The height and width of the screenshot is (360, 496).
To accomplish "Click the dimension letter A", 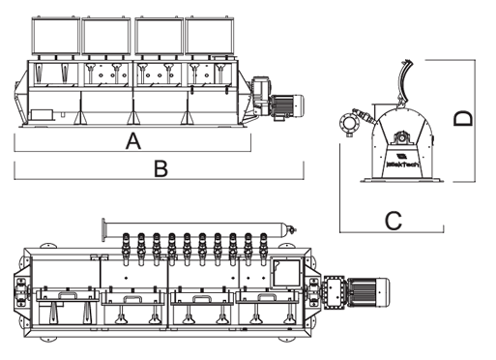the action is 133,140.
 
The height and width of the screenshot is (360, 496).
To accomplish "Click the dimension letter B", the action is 161,169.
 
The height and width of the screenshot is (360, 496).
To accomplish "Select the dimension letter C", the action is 394,221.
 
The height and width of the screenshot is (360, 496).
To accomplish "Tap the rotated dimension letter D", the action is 463,118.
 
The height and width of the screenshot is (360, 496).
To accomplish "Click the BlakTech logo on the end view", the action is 403,162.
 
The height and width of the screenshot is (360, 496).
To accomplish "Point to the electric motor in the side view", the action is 287,105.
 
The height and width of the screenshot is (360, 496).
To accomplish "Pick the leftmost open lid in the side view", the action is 56,36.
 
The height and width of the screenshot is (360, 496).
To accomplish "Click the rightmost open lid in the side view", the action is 209,36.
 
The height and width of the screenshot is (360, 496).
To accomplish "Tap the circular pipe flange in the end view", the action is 349,123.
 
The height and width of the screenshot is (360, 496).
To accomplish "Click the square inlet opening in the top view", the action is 287,272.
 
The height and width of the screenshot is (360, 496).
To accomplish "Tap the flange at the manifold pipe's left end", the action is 104,229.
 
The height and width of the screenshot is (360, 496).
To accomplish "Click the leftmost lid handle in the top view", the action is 68,295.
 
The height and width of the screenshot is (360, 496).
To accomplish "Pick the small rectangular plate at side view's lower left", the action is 42,115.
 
